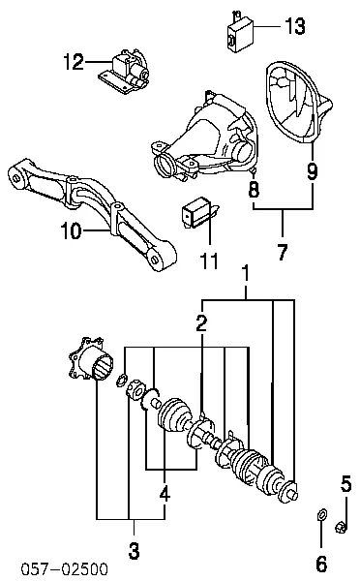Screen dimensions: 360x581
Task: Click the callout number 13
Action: (295, 26)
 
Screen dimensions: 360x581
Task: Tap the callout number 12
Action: (74, 62)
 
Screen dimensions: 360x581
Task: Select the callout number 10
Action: (71, 231)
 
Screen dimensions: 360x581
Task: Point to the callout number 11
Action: (209, 260)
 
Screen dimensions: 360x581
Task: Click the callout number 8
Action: (254, 190)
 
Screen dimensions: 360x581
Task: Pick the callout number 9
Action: (313, 171)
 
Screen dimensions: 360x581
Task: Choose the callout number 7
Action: (283, 252)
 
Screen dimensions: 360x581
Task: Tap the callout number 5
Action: (345, 483)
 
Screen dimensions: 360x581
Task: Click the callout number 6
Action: (321, 564)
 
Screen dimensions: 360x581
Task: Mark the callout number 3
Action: (135, 550)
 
